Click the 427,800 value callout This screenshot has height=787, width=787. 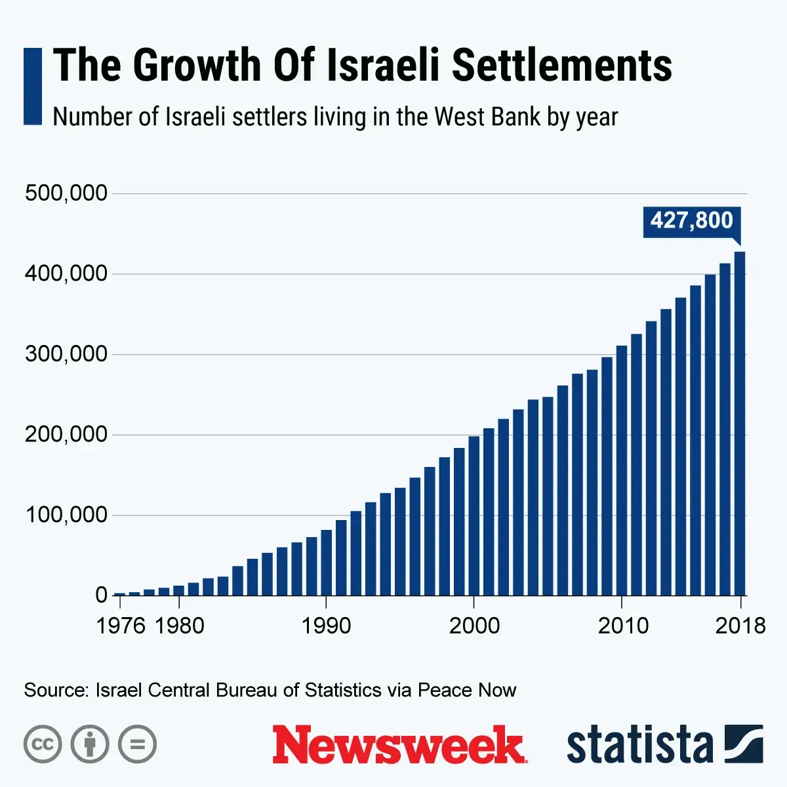point(691,220)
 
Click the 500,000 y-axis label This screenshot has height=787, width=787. point(66,193)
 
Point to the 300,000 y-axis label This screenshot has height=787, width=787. point(66,354)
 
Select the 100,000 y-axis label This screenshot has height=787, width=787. point(66,515)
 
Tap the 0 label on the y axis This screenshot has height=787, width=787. point(101,595)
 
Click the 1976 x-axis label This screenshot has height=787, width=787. point(121,626)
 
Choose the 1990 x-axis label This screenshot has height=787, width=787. point(326,626)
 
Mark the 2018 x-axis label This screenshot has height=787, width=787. point(740,626)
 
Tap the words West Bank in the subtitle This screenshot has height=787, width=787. point(487,117)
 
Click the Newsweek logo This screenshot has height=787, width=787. point(399,745)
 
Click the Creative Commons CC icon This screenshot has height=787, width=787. point(43,744)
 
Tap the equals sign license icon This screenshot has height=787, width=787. point(137,744)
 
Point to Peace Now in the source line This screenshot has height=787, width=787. point(467,690)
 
